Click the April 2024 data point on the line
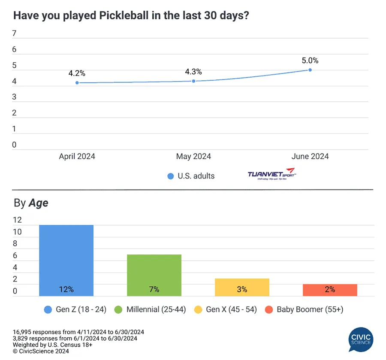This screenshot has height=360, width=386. [x=77, y=82]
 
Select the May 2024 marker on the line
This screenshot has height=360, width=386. [x=193, y=81]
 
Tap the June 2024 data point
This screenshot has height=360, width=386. [x=310, y=70]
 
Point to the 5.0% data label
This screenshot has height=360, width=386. [x=310, y=61]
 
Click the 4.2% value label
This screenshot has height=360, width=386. [x=77, y=73]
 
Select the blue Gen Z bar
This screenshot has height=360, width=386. [x=66, y=260]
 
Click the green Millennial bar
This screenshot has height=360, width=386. [x=154, y=275]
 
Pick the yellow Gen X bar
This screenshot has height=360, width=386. [x=242, y=287]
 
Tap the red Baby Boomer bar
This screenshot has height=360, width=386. [x=330, y=290]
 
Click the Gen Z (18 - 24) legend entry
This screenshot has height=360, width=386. [x=75, y=309]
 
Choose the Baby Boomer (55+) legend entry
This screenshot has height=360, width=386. [x=304, y=309]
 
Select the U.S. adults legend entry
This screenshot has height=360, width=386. [x=191, y=176]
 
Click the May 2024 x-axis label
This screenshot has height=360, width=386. [x=193, y=157]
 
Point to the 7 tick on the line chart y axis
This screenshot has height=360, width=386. [x=14, y=33]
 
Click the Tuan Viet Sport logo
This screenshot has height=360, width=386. [x=271, y=175]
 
